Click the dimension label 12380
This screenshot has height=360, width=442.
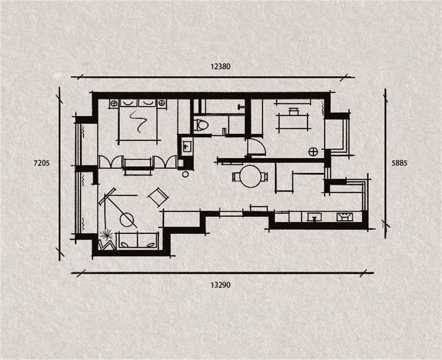tap(220, 67)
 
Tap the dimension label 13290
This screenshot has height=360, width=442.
tap(220, 285)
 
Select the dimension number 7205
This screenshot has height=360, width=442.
tap(42, 163)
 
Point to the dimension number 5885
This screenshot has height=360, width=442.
tap(400, 163)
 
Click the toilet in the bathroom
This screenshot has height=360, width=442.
tap(201, 125)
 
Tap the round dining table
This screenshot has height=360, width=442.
tap(250, 176)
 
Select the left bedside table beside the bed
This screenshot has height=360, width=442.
tap(114, 103)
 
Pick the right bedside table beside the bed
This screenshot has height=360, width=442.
tap(162, 103)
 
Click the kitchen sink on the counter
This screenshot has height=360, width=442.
tap(315, 217)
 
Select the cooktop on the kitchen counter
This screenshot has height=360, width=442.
tap(345, 217)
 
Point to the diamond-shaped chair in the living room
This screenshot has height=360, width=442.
tap(158, 197)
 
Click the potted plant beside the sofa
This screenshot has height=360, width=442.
tap(106, 235)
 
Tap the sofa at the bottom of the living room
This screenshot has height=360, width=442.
tap(137, 241)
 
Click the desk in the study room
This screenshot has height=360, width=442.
tap(293, 121)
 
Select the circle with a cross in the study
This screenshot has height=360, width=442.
tap(313, 152)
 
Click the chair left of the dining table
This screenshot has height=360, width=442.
tap(236, 177)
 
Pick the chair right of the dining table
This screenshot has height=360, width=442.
tap(264, 177)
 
